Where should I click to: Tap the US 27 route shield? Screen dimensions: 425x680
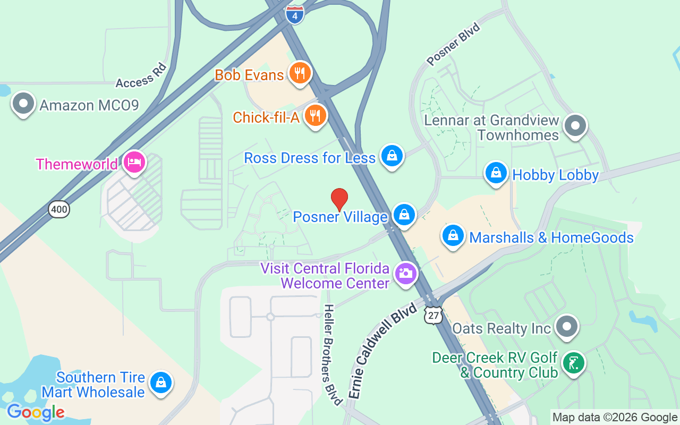point(433,315)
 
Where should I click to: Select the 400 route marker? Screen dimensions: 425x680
point(59,209)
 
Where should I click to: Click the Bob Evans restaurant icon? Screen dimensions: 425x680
point(300,73)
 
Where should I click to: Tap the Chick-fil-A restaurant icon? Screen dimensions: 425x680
point(316,115)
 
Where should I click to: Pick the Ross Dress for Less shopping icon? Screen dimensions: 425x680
point(392,156)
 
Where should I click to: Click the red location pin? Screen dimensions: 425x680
point(339,199)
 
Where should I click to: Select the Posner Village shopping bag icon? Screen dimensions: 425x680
point(404,215)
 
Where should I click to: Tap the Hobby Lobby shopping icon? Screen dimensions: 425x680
point(496,173)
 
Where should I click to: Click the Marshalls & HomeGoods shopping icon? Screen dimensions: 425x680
point(453,235)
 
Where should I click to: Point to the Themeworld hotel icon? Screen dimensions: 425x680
point(133,162)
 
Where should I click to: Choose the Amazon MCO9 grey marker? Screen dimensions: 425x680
point(23,103)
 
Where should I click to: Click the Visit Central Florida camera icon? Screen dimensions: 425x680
point(406,274)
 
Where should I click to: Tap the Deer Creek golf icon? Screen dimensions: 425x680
point(573,363)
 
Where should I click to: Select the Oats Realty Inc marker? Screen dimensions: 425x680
point(567,326)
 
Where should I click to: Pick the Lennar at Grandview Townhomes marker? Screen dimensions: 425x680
point(575,126)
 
